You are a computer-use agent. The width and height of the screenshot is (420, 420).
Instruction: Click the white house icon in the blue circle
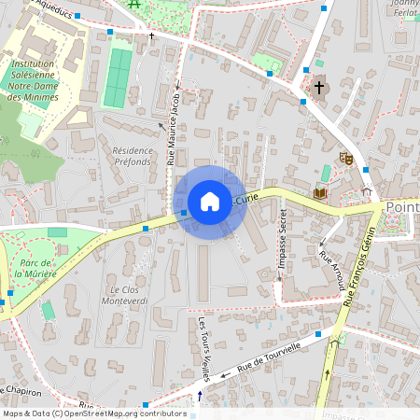[x=210, y=202]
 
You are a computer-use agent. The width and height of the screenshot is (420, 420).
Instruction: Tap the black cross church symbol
[x=319, y=88]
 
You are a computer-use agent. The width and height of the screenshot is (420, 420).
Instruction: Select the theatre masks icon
[x=344, y=159]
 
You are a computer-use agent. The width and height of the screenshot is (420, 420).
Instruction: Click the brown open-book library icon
[x=320, y=192]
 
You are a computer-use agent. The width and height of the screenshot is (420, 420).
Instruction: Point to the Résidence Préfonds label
[x=132, y=156]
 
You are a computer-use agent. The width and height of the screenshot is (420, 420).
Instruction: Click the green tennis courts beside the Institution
[x=118, y=77]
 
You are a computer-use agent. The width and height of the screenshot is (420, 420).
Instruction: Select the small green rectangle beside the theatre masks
[x=325, y=174]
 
